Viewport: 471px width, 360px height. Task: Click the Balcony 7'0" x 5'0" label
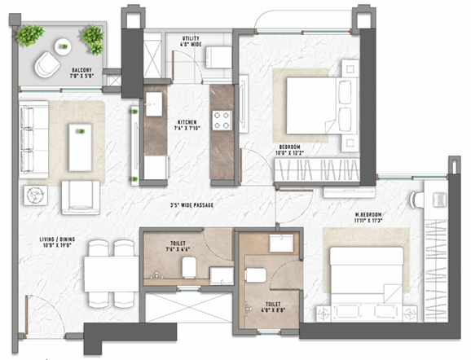86,72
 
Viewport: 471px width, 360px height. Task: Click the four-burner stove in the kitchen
222,121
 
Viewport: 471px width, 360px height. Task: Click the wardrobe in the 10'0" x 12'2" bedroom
319,170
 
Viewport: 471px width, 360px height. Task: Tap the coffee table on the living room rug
80,147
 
